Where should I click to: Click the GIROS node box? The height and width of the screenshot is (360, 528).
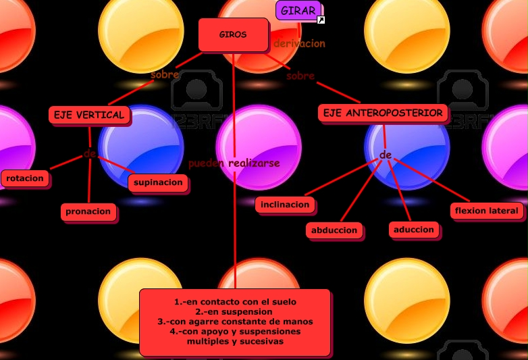click(x=233, y=34)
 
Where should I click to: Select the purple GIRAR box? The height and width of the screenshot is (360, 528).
click(x=298, y=10)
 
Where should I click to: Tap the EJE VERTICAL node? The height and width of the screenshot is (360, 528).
click(x=89, y=115)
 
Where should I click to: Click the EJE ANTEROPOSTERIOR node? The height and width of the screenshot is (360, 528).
click(x=383, y=113)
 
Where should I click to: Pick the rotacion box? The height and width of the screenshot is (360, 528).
click(x=25, y=178)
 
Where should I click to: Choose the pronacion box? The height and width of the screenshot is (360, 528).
click(x=88, y=212)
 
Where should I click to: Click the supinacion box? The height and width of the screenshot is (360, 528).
click(x=158, y=182)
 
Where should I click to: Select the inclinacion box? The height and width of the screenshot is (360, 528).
click(x=285, y=205)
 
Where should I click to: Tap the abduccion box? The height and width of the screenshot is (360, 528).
click(x=334, y=230)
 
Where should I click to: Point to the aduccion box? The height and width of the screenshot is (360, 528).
click(x=414, y=230)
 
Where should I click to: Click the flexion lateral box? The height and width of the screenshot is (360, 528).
click(x=487, y=211)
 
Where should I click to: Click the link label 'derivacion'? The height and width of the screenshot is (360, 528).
click(x=299, y=43)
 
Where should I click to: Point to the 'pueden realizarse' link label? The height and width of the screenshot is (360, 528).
click(x=234, y=163)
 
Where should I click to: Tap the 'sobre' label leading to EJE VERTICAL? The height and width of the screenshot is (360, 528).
click(x=165, y=74)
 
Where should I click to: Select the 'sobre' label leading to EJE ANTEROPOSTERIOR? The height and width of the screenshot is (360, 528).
click(x=300, y=76)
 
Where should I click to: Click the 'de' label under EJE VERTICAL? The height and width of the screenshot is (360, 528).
click(x=89, y=154)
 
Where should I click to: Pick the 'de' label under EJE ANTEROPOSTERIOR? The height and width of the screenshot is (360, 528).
click(x=386, y=155)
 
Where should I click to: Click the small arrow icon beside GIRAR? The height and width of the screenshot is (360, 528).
click(x=321, y=20)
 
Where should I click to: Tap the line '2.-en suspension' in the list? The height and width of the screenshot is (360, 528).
click(x=234, y=312)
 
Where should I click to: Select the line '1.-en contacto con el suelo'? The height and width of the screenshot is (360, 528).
click(x=235, y=301)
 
